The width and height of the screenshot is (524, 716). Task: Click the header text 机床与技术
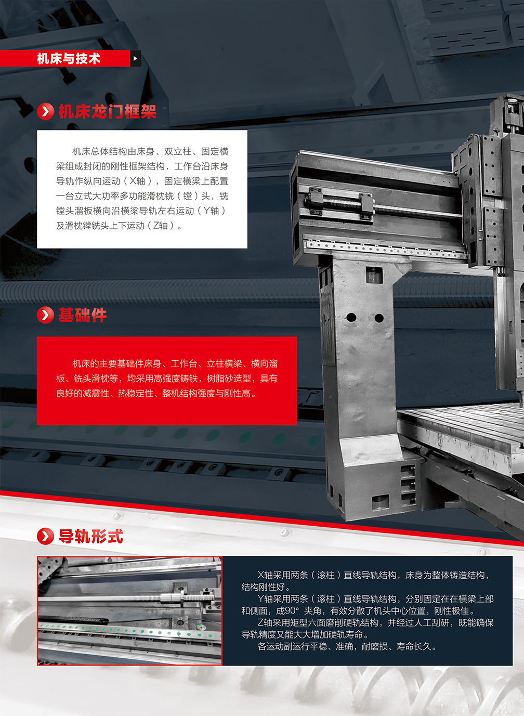[x=69, y=58]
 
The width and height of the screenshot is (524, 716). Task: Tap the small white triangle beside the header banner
[x=135, y=58]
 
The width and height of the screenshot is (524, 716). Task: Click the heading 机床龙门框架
[x=108, y=112]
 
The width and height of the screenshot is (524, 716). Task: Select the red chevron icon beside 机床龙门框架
[x=46, y=112]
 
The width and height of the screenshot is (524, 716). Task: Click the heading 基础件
[x=83, y=315]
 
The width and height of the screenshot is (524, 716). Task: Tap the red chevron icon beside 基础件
[x=46, y=315]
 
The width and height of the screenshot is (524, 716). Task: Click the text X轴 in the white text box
[x=137, y=181]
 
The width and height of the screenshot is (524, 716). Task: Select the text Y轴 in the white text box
[x=211, y=211]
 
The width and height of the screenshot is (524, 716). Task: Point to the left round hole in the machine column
[x=351, y=317]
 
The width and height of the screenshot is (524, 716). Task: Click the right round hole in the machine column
[x=379, y=318]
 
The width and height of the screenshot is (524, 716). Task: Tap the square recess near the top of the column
[x=374, y=275]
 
